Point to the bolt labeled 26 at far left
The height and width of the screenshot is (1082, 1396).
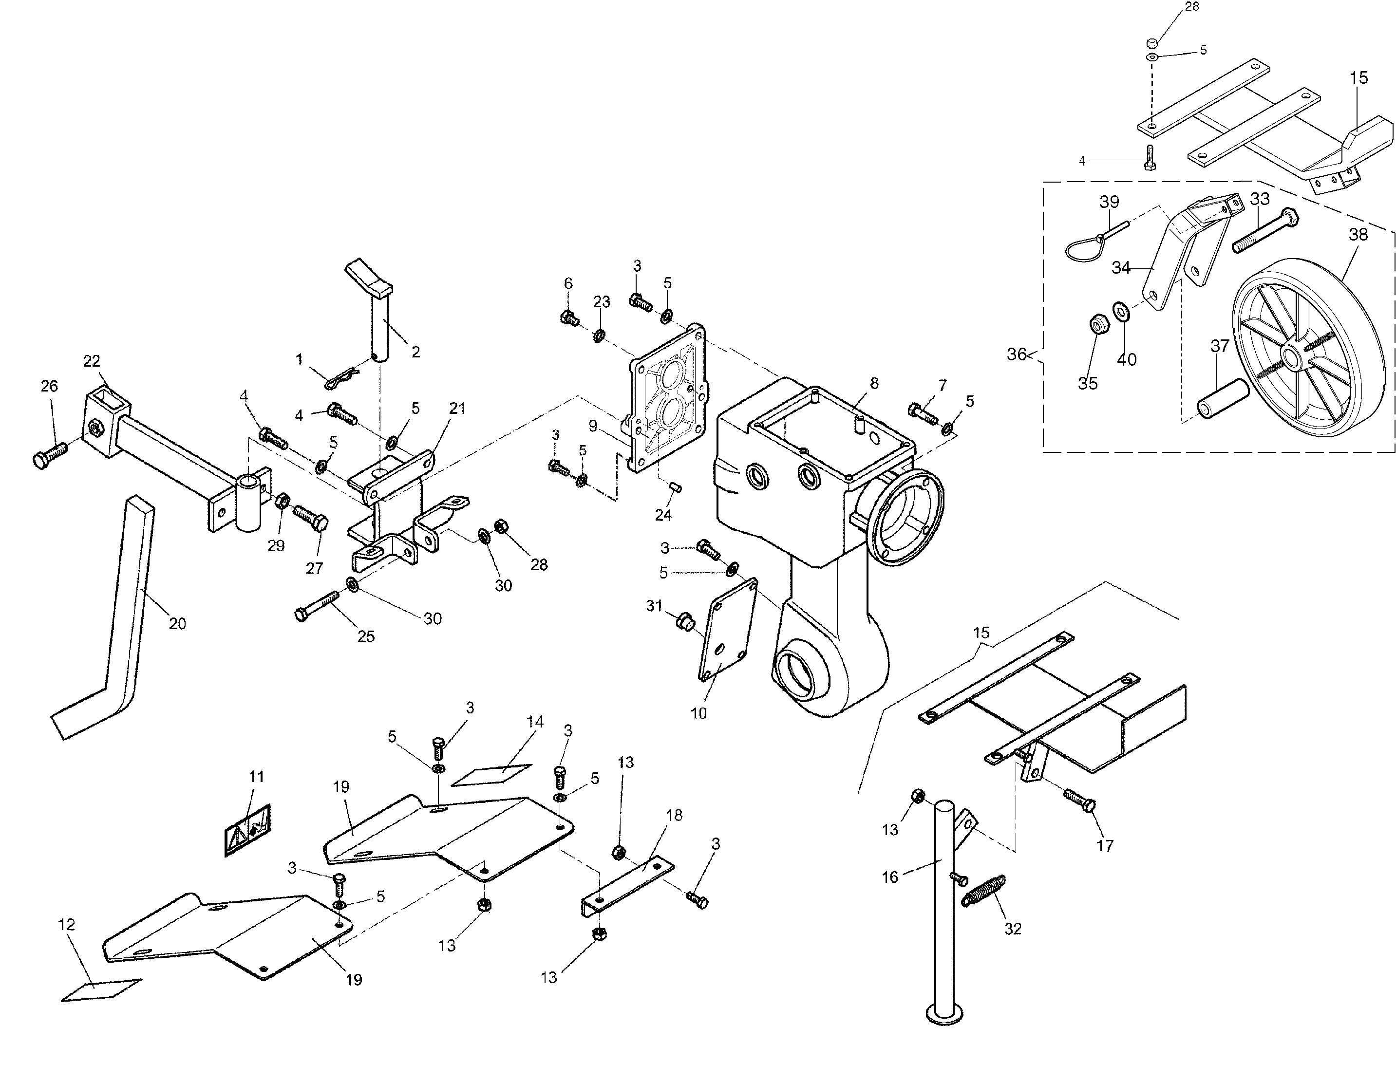pos(49,455)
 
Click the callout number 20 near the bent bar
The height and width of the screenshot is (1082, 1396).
pos(177,623)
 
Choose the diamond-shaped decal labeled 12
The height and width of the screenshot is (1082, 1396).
pos(101,989)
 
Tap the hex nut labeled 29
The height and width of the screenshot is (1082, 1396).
pos(283,501)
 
